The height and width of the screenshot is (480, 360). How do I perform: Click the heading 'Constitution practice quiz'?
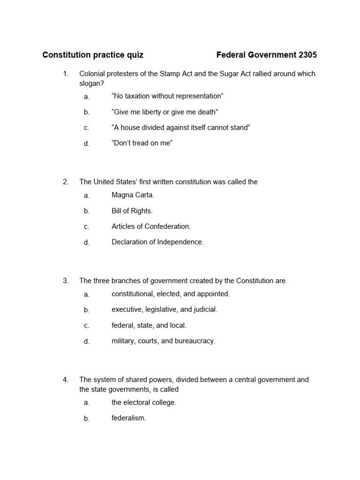(x=93, y=55)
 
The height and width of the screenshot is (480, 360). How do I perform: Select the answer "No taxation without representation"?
(x=167, y=96)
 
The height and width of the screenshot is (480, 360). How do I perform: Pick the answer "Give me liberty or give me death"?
(x=165, y=112)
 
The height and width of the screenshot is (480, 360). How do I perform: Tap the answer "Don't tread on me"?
(x=142, y=143)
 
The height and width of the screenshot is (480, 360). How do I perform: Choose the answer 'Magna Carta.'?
(x=133, y=195)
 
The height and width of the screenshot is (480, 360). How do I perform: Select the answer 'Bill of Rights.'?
(x=132, y=211)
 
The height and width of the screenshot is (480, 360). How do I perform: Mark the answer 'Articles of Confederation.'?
(x=151, y=226)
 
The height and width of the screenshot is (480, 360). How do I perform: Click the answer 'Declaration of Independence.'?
(x=157, y=242)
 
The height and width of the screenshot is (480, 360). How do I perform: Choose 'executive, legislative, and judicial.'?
(x=165, y=309)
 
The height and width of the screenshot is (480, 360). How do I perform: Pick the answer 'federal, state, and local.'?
(x=149, y=325)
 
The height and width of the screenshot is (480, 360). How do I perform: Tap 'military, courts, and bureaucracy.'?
(x=163, y=341)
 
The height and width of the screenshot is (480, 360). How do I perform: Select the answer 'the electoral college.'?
(x=143, y=402)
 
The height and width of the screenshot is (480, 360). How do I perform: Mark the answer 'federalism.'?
(x=128, y=418)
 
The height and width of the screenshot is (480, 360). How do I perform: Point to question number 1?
(x=66, y=74)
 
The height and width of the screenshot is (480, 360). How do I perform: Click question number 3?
(x=66, y=281)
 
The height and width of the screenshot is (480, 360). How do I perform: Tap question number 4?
(x=66, y=380)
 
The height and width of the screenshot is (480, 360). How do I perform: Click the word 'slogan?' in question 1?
(x=91, y=83)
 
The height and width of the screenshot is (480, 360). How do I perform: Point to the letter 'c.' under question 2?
(x=86, y=227)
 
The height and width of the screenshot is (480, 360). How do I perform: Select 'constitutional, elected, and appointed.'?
(x=171, y=294)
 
